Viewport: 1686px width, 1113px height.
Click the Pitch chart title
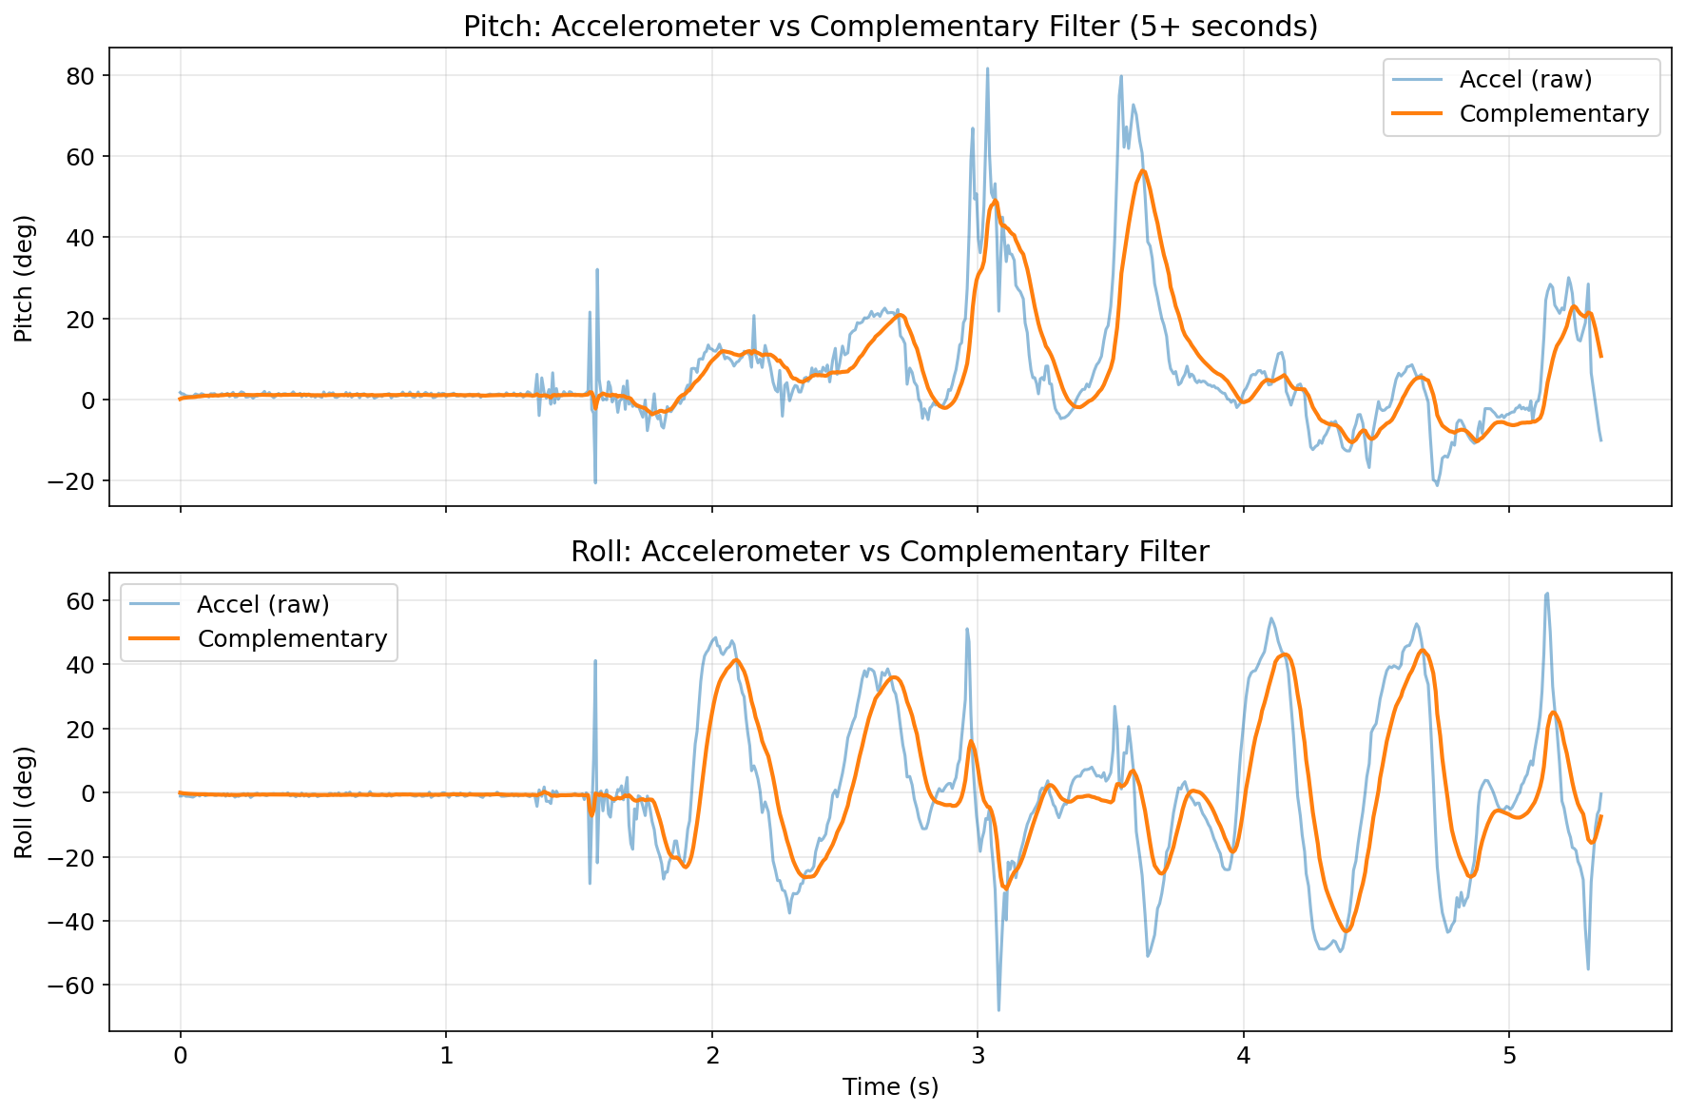coord(890,27)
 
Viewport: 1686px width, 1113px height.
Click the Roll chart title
coord(890,552)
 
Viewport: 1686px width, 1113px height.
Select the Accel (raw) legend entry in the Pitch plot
coord(1525,78)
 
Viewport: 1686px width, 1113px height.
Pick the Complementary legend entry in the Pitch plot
coord(1554,113)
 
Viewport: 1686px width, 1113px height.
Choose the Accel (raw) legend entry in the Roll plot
coord(263,603)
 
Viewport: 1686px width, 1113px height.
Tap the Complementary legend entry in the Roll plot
coord(292,638)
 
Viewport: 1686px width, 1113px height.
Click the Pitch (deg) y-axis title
coord(24,278)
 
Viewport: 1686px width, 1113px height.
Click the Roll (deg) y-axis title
coord(24,802)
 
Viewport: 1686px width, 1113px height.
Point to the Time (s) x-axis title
coord(890,1086)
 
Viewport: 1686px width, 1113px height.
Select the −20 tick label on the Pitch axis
coord(74,481)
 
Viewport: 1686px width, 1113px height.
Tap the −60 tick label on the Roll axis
coord(74,986)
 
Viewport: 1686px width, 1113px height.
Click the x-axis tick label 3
coord(978,1055)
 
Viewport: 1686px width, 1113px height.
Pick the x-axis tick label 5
coord(1509,1055)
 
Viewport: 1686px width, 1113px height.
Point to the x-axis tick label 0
coord(180,1055)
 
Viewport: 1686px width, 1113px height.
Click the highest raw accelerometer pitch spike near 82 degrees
coord(987,68)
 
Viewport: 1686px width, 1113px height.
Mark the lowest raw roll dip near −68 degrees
coord(998,1009)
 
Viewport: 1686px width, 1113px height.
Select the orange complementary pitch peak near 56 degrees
coord(1143,171)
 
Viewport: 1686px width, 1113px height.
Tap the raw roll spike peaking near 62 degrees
coord(1547,594)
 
